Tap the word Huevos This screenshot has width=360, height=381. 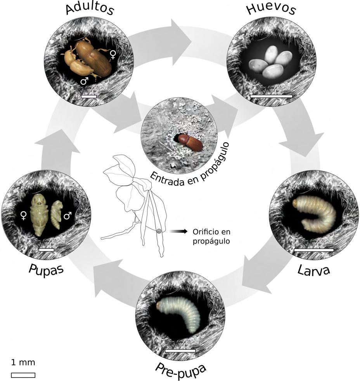point(271,10)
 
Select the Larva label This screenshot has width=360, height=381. point(313,270)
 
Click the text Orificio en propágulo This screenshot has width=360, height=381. point(209,236)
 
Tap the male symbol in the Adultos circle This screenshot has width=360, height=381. point(84,81)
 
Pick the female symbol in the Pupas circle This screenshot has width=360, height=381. point(24,215)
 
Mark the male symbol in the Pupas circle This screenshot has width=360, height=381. point(67,215)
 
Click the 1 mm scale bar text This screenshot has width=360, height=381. point(23,363)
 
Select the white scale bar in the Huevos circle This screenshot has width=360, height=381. point(271,95)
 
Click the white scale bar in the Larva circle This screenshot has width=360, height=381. point(314,250)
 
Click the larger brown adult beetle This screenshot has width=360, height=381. point(93,58)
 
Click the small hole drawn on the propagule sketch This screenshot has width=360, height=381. point(159,232)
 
